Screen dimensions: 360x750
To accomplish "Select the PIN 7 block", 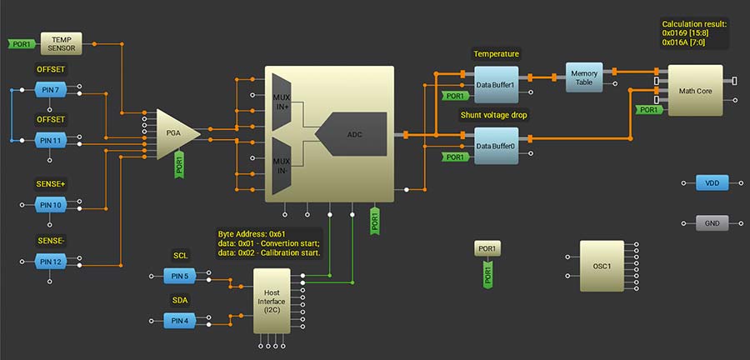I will (51, 88).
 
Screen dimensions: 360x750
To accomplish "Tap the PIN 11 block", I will (51, 140).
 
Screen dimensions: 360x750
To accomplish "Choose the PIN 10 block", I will (51, 204).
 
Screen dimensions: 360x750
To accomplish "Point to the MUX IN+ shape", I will (281, 102).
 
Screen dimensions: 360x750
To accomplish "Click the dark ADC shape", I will (354, 133).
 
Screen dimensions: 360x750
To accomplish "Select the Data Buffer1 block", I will (495, 84).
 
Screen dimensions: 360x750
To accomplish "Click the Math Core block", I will (695, 90).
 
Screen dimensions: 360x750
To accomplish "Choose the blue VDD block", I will (712, 182).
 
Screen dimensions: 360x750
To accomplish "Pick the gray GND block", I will (712, 223).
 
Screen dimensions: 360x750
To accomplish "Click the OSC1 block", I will (602, 266).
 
